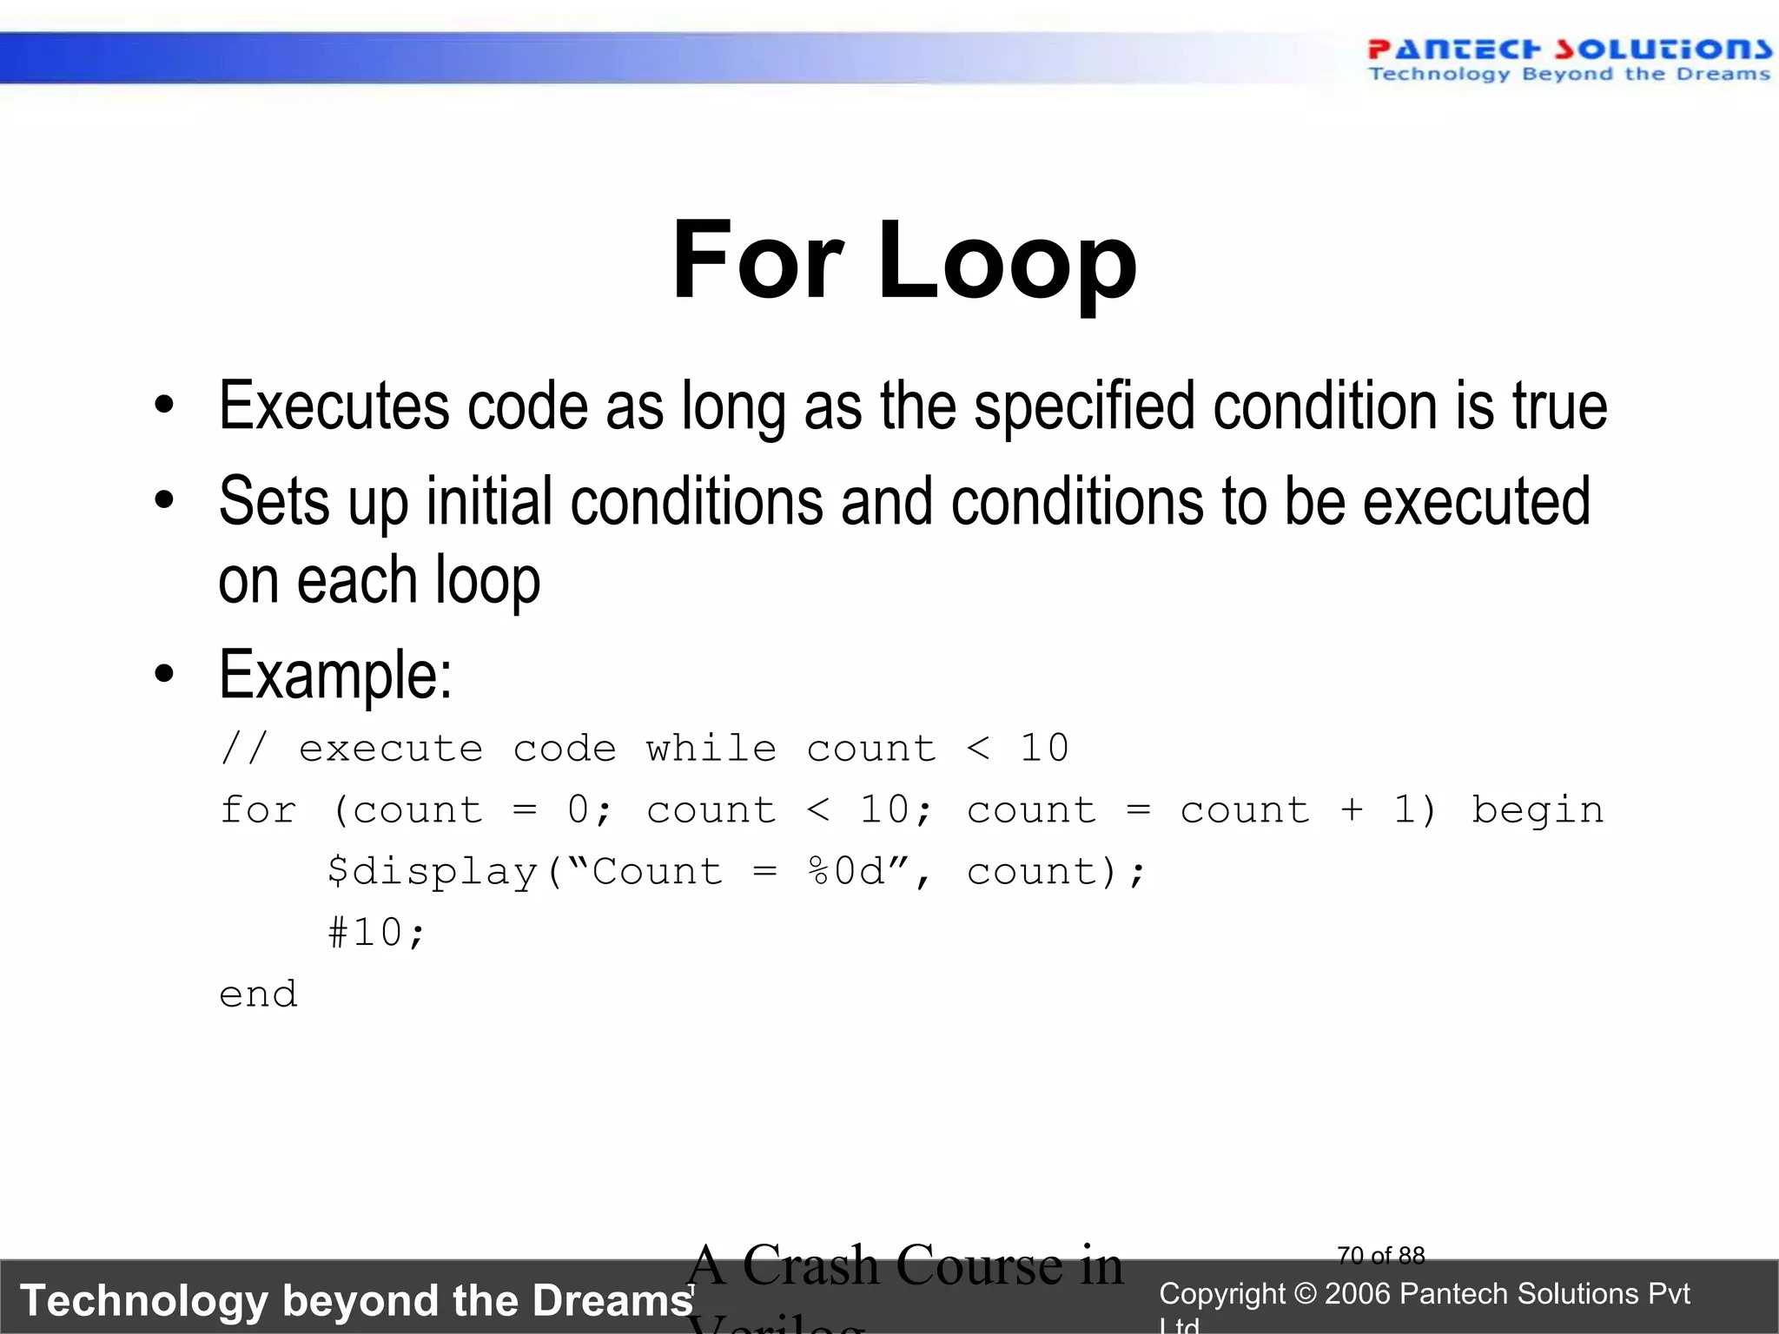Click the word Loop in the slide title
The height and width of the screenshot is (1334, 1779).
1007,261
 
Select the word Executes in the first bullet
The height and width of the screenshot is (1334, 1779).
334,406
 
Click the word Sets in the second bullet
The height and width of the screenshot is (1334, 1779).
274,501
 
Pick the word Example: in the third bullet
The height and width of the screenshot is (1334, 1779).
335,675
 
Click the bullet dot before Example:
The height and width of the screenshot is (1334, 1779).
164,675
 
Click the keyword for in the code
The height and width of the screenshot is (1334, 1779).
258,810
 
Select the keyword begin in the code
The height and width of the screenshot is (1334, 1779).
1537,810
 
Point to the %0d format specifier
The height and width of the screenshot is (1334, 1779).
846,872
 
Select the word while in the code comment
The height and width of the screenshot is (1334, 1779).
711,748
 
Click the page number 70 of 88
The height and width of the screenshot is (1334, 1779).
1381,1256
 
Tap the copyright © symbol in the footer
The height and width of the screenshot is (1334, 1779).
1305,1294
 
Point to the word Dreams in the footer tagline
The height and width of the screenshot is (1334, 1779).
612,1301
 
